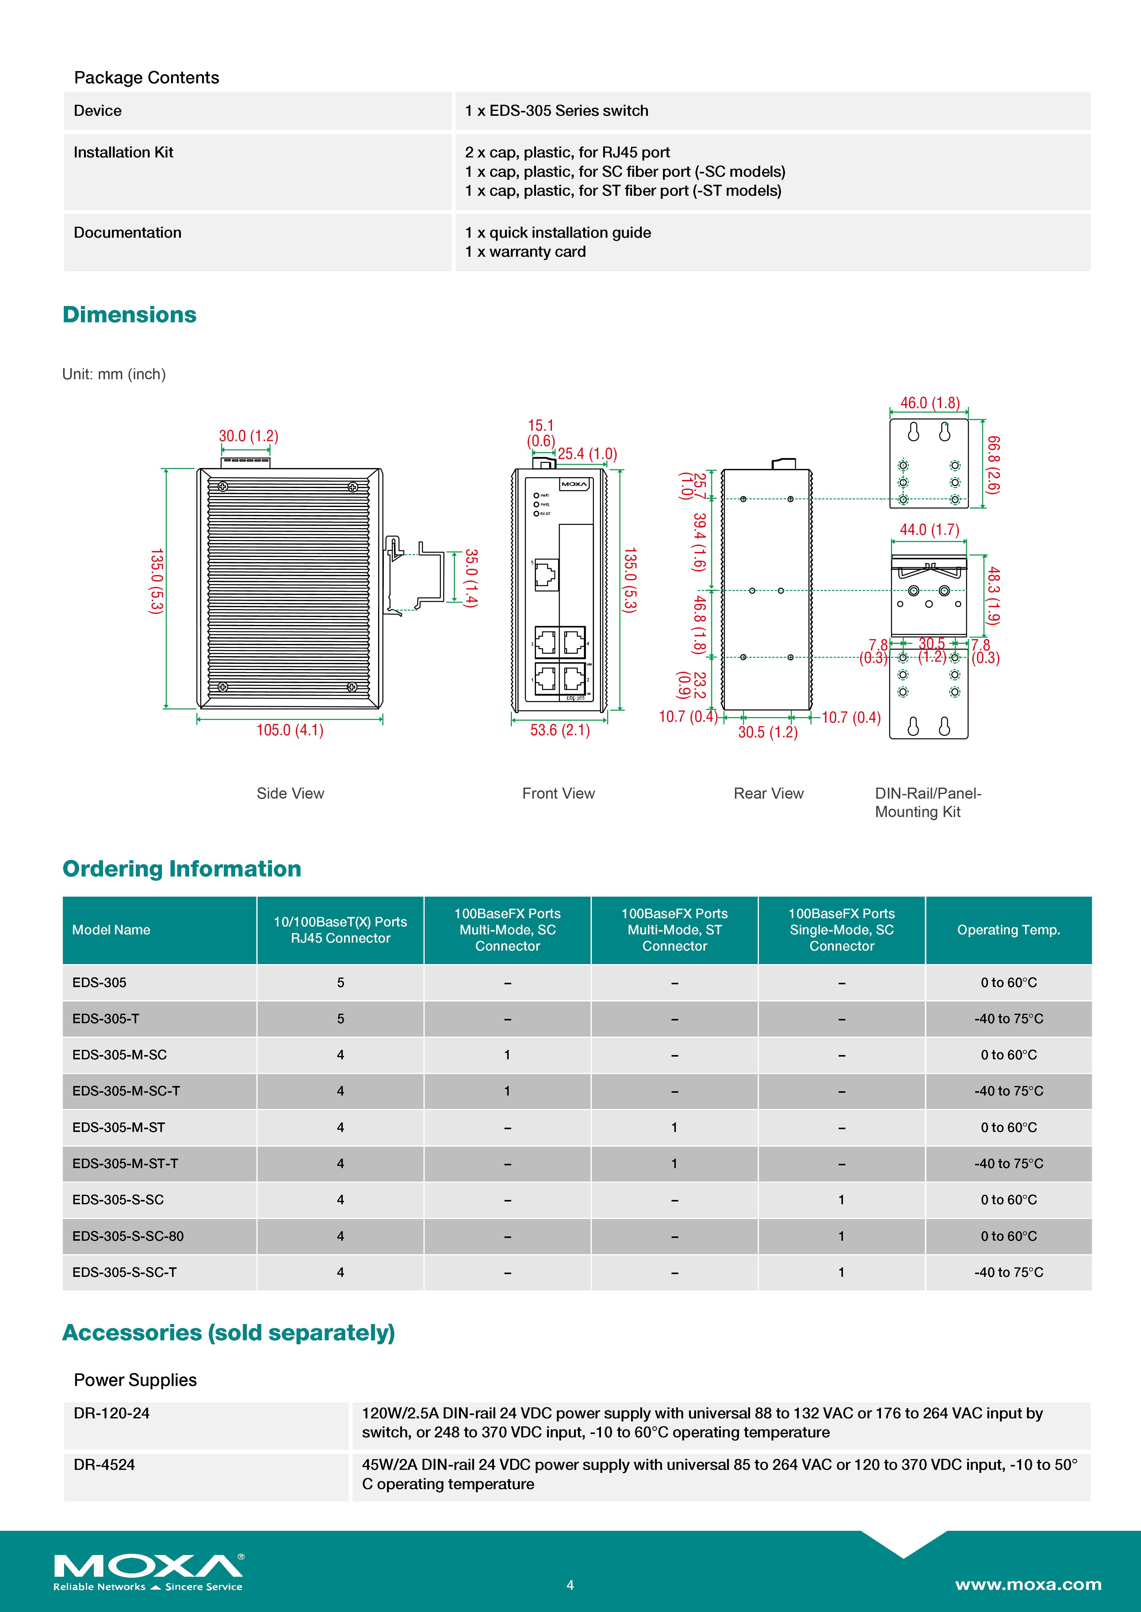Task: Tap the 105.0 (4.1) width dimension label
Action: click(289, 730)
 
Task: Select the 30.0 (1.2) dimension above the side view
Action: click(249, 436)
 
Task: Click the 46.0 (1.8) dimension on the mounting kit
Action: click(929, 403)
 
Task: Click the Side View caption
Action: click(290, 793)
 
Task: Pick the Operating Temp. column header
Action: click(1008, 929)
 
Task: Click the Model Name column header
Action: click(111, 929)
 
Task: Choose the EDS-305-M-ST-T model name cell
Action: click(125, 1164)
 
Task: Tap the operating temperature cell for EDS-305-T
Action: click(1008, 1019)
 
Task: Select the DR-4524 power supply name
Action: click(104, 1465)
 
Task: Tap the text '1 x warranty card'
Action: click(525, 252)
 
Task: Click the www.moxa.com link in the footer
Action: click(1028, 1585)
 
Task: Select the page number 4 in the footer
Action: click(570, 1585)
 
